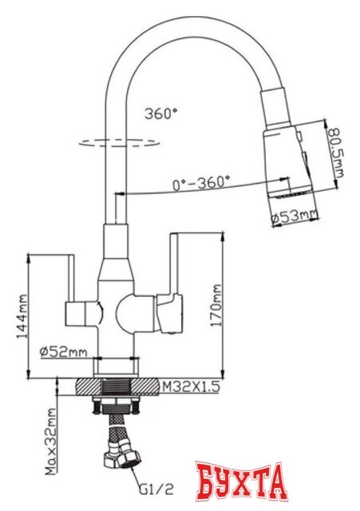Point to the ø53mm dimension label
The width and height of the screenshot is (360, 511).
pos(293,215)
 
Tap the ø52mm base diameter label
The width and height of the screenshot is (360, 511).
pos(68,351)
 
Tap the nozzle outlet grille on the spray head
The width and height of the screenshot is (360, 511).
pos(290,192)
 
